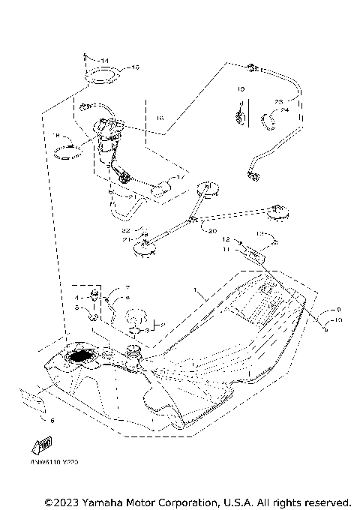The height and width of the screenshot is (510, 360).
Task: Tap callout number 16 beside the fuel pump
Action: click(159, 118)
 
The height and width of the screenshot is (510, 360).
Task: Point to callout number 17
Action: click(180, 178)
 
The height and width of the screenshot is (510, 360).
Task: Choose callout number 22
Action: click(127, 229)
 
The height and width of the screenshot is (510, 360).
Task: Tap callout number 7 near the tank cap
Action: click(127, 288)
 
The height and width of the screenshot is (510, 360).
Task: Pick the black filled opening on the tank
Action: click(81, 358)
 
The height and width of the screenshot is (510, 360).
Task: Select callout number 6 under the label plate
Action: click(52, 421)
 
